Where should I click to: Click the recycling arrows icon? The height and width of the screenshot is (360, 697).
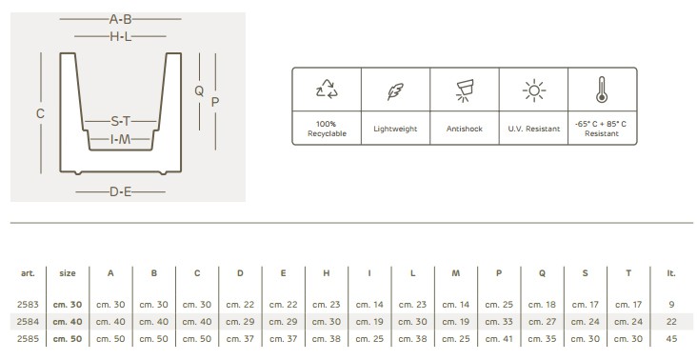[x=327, y=90]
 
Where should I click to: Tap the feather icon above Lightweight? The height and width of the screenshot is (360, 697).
[x=395, y=91]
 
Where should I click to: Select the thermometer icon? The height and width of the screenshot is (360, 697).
[x=602, y=90]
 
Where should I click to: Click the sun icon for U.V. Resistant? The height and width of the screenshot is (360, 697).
[x=534, y=90]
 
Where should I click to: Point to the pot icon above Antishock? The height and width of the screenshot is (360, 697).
[x=464, y=90]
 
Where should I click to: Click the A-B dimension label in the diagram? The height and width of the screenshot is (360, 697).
[x=121, y=19]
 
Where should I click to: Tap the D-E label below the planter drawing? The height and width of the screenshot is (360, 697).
[x=121, y=192]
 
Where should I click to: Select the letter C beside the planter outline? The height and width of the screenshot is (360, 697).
[x=40, y=113]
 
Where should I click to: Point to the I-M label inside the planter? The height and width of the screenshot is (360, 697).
[x=121, y=140]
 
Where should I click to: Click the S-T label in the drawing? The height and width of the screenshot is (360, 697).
[x=121, y=121]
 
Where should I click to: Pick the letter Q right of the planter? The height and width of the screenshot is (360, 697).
[x=199, y=91]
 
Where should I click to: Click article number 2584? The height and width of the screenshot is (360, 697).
[x=28, y=322]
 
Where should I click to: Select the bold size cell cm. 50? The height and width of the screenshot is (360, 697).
[x=68, y=339]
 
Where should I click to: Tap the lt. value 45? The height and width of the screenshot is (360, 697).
[x=671, y=339]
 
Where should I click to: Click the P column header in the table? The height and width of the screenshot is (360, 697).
[x=499, y=273]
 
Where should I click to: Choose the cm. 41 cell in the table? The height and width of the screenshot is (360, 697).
[x=499, y=339]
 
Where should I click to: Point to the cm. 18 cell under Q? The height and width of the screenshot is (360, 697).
[x=542, y=305]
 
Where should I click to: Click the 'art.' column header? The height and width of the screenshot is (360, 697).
[x=28, y=273]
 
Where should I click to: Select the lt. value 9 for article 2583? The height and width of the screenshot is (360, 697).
[x=671, y=305]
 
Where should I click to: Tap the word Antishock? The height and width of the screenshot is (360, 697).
[x=464, y=129]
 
